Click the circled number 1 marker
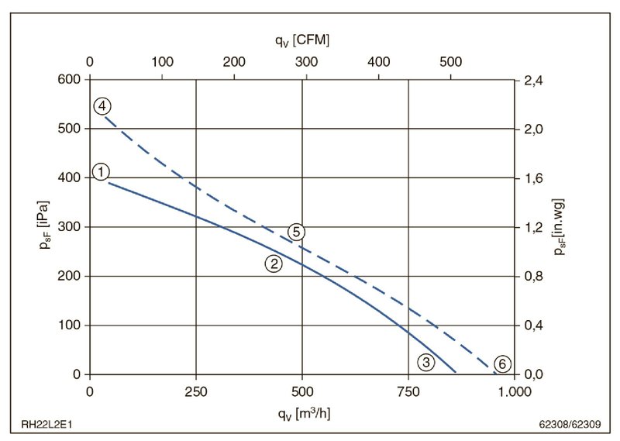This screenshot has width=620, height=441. [101, 171]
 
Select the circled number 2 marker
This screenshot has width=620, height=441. [273, 264]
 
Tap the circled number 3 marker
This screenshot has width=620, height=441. [425, 361]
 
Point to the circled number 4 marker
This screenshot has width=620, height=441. [102, 106]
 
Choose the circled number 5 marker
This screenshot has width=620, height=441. [295, 231]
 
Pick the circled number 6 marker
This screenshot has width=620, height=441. [502, 363]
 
